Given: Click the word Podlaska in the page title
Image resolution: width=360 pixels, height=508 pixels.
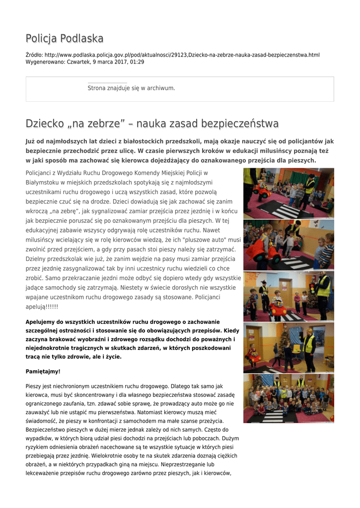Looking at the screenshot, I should tap(82, 38).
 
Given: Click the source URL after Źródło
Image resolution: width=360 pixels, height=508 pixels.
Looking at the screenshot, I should tap(182, 55).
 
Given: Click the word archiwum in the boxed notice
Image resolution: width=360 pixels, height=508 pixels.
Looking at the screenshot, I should tap(161, 88).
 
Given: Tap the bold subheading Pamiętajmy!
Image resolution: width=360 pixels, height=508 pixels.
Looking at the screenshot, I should tap(43, 371).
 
